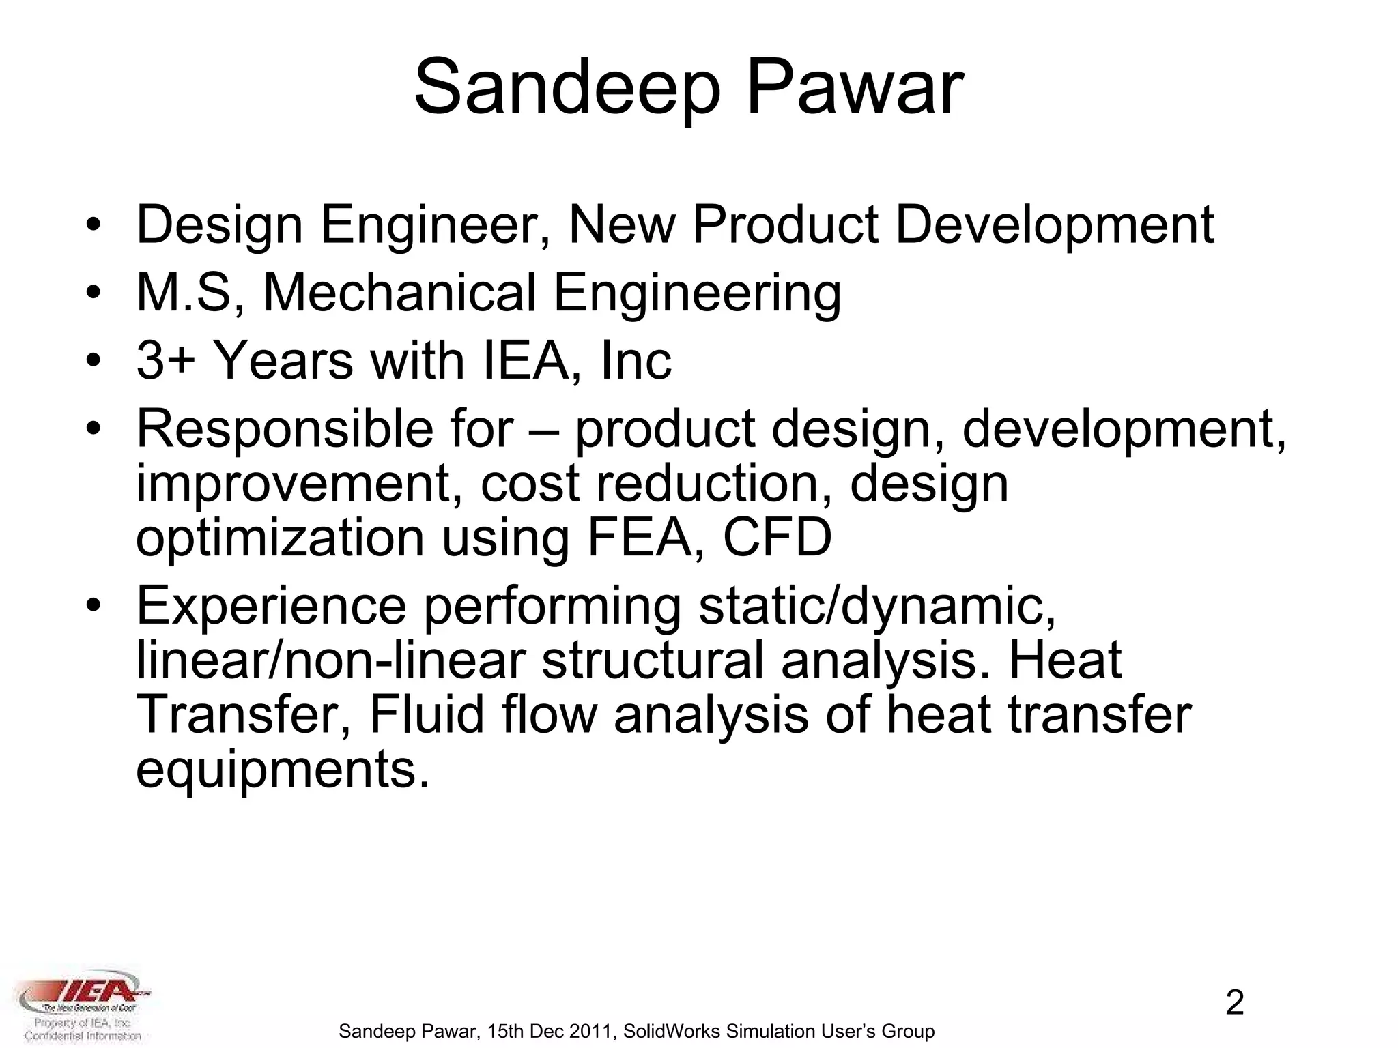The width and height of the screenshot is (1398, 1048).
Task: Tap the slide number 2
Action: click(x=1235, y=1003)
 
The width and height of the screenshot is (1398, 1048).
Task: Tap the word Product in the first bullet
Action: click(x=786, y=225)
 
